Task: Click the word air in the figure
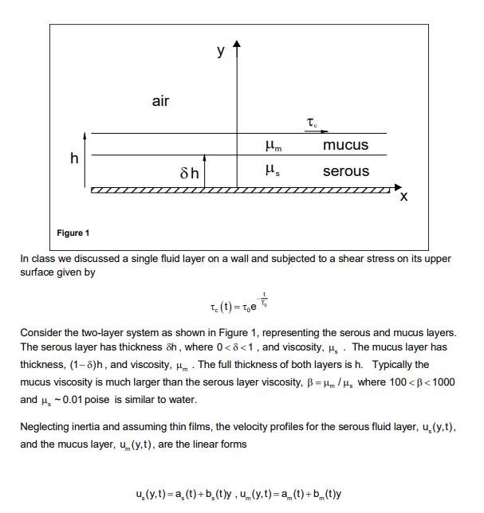pos(160,101)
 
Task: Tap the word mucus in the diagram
pos(345,145)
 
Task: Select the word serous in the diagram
pos(346,171)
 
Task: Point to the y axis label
pos(220,51)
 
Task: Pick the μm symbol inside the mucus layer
pos(273,146)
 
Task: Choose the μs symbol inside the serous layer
pos(272,170)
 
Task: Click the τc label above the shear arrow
pos(312,122)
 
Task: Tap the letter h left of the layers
pos(74,159)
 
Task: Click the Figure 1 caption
pos(73,233)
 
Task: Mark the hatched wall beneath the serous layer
pos(239,191)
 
